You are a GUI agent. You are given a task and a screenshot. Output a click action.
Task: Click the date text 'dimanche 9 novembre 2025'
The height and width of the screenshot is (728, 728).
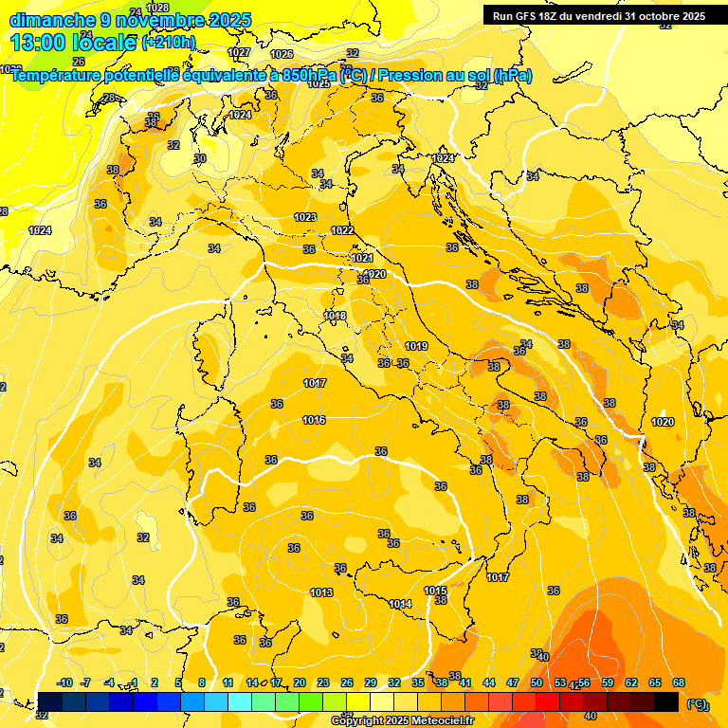[131, 20]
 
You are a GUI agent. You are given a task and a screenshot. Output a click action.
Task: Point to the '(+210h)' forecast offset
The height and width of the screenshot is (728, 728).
[169, 43]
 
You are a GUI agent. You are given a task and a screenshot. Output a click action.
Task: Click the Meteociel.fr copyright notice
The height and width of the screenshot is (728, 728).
[403, 720]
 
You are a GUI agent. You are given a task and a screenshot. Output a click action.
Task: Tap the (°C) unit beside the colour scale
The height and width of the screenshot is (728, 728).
[697, 704]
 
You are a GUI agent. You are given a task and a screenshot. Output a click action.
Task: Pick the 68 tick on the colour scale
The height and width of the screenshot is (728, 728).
[679, 682]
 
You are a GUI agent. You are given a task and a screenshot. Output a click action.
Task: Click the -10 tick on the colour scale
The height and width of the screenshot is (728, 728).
[64, 682]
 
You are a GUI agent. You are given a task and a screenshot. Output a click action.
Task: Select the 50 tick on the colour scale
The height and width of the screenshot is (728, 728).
[537, 682]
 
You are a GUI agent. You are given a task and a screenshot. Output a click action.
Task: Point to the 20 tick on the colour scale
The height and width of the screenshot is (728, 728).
[300, 682]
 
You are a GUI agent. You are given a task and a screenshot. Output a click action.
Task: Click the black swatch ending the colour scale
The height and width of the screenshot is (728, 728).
[666, 701]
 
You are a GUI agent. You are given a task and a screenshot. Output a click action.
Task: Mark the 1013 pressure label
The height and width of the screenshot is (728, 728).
[321, 592]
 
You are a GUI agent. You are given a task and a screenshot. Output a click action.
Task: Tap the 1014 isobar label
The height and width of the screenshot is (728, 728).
[400, 604]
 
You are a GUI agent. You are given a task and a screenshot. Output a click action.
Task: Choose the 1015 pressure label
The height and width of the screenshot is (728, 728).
[435, 591]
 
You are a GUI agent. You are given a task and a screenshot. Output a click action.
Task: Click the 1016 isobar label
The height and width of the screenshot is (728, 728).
[315, 420]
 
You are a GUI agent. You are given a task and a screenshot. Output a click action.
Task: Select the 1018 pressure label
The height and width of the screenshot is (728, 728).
[335, 316]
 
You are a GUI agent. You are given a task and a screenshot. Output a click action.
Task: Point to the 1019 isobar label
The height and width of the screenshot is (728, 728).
[416, 346]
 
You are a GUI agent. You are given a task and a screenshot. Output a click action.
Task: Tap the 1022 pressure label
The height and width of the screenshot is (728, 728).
[342, 230]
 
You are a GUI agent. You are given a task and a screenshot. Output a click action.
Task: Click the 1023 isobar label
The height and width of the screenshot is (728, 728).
[304, 217]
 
